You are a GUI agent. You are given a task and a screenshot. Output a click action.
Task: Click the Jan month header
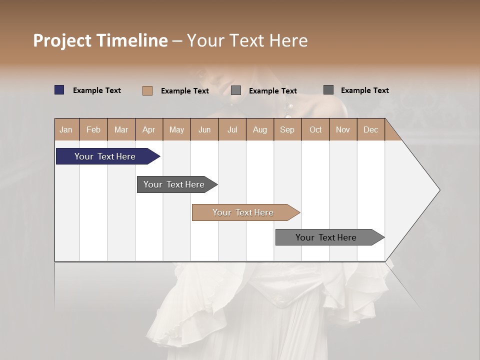[66, 129]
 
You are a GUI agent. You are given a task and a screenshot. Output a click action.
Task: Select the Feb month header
[93, 129]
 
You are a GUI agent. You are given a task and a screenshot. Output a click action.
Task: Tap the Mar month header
[121, 129]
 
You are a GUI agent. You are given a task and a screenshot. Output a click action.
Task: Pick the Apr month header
[149, 129]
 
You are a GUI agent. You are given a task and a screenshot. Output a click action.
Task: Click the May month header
[176, 129]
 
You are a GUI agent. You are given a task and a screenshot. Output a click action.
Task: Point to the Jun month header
[204, 129]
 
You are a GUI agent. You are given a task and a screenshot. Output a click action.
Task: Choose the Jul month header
[232, 129]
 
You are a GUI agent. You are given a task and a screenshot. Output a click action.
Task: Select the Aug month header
[260, 129]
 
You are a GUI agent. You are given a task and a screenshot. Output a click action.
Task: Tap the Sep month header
[287, 129]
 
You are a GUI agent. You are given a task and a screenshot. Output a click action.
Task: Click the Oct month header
[315, 129]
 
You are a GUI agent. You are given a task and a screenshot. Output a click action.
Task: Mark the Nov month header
[343, 129]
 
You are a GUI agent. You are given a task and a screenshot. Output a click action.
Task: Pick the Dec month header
[370, 129]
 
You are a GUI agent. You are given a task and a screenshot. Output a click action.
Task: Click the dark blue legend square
[59, 90]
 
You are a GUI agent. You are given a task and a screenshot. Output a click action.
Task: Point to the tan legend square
[147, 90]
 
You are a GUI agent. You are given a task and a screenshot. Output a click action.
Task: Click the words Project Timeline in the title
[100, 40]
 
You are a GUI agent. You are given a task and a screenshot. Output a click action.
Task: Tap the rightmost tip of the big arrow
[439, 190]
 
